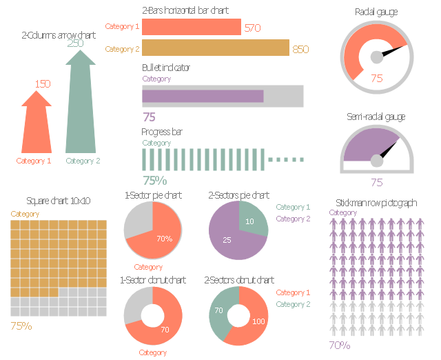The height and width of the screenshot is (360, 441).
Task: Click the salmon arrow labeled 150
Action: (x=37, y=124)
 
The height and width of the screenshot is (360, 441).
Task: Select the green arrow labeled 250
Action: (x=81, y=104)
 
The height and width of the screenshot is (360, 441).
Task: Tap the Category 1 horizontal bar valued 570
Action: (x=192, y=27)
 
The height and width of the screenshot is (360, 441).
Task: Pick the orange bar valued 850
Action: (x=216, y=48)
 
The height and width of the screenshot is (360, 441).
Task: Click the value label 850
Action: (x=300, y=49)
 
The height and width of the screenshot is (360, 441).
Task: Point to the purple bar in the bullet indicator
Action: (x=203, y=96)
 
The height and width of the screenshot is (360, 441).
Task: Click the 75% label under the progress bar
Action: (x=154, y=181)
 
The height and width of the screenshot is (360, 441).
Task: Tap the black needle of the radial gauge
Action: (x=393, y=51)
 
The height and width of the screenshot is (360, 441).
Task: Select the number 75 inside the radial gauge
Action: (x=377, y=78)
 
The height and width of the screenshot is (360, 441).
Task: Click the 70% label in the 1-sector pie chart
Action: (x=165, y=239)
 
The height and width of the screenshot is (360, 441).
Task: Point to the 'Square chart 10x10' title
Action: (x=58, y=201)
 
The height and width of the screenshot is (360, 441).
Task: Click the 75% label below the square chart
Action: (x=21, y=326)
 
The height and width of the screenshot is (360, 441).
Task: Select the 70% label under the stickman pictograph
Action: (x=340, y=345)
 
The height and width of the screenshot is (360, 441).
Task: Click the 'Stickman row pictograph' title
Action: (x=376, y=203)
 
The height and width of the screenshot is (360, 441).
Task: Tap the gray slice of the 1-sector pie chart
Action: (x=139, y=221)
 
